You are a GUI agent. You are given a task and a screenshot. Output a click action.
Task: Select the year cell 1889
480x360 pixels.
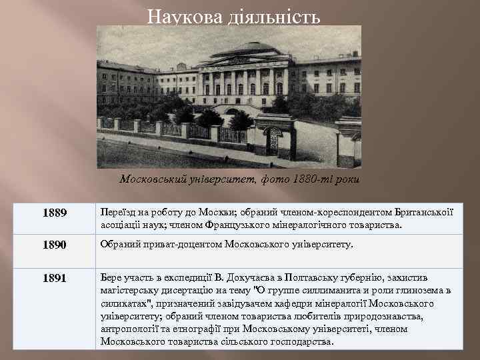(x=54, y=213)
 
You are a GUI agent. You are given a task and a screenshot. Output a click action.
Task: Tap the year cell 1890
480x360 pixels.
(x=54, y=245)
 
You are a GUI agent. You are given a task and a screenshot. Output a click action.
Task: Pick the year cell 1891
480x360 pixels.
(x=54, y=278)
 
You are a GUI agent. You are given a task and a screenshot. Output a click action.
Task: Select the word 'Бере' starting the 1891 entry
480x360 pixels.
(x=111, y=277)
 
